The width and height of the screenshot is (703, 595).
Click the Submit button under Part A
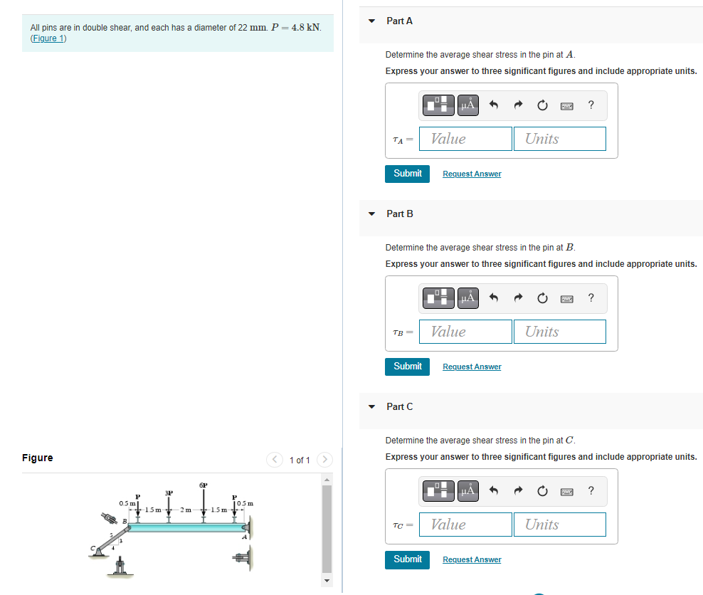(x=407, y=174)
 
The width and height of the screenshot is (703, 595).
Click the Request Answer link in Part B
(x=471, y=367)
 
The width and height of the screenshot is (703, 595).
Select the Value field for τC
(x=465, y=525)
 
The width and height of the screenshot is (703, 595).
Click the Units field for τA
(x=559, y=139)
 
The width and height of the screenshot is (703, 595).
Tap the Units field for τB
(x=559, y=332)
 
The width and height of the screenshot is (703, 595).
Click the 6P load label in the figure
(x=203, y=485)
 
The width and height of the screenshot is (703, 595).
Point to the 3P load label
(x=169, y=493)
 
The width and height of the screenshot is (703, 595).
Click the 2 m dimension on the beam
(x=185, y=510)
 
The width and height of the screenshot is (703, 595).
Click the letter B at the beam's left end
(x=125, y=522)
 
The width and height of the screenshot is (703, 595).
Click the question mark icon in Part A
(x=591, y=105)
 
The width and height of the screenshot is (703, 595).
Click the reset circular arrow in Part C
(x=542, y=491)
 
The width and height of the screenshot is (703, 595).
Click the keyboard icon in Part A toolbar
(x=566, y=105)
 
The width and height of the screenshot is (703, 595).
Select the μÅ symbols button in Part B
(x=467, y=298)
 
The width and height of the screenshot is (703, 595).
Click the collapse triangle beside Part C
(x=371, y=407)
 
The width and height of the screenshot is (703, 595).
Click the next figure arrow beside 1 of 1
(x=324, y=460)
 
